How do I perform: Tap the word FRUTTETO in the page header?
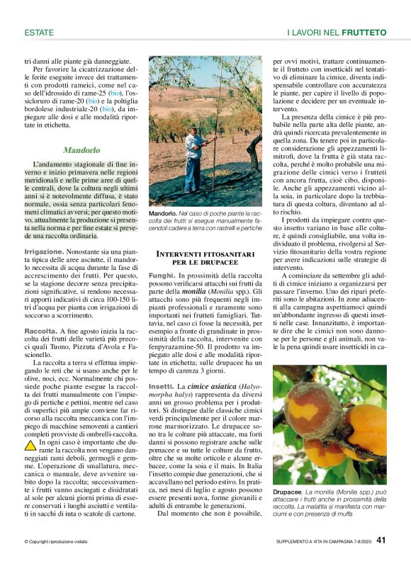coord(364,33)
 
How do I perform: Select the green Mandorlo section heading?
coord(81,150)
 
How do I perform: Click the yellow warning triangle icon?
coord(30,446)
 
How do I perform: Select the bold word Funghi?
coord(162,274)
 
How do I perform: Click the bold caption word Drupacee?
coord(288,491)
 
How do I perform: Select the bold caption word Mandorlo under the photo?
coord(162,213)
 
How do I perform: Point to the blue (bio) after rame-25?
coord(116,93)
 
